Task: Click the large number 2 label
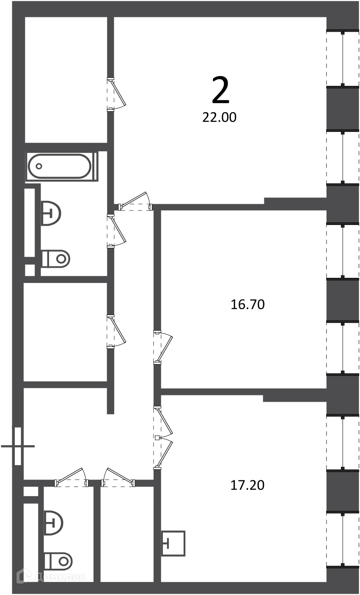(x=220, y=90)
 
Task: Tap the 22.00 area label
(x=220, y=118)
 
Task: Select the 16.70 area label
(x=247, y=304)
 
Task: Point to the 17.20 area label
(x=247, y=485)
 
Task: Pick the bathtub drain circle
(x=39, y=167)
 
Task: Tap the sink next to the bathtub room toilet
(x=51, y=213)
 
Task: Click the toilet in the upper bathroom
(x=56, y=259)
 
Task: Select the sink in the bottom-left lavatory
(x=53, y=523)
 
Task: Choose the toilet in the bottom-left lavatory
(x=58, y=562)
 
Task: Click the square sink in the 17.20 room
(x=173, y=543)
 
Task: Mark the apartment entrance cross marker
(x=18, y=446)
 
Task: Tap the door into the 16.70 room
(x=162, y=347)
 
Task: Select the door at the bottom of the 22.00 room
(x=135, y=202)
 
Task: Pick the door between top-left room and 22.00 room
(x=116, y=94)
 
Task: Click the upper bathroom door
(x=116, y=231)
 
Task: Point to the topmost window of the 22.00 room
(x=343, y=58)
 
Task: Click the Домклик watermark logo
(x=52, y=576)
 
